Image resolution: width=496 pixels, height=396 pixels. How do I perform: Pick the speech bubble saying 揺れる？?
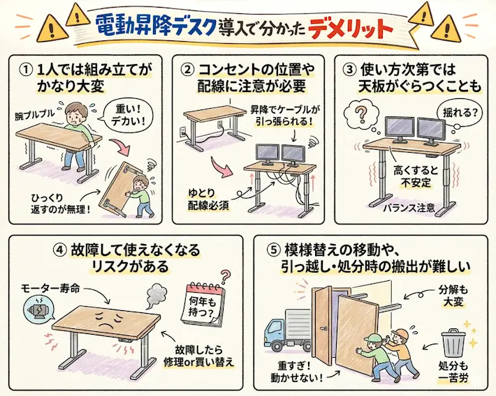coord(456,111)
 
